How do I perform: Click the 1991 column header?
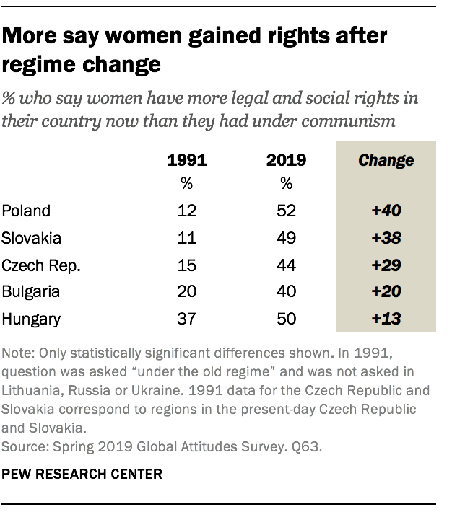(x=186, y=160)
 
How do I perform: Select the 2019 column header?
(x=287, y=160)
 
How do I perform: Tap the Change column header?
(x=386, y=160)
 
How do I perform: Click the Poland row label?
(x=26, y=211)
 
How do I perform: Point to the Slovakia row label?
(x=31, y=238)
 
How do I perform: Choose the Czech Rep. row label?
(x=41, y=265)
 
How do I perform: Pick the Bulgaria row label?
(x=31, y=293)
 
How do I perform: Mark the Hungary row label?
(x=30, y=319)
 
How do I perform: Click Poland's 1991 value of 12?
(x=186, y=211)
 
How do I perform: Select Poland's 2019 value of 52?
(x=287, y=211)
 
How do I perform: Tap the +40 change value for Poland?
(x=386, y=211)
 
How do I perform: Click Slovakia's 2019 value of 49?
(x=287, y=238)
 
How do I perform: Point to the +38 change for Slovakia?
(x=386, y=238)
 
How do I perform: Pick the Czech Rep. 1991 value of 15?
(x=186, y=265)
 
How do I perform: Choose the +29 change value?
(x=386, y=265)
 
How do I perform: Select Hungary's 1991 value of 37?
(x=186, y=319)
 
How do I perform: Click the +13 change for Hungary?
(x=386, y=319)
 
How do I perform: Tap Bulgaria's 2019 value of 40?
(x=287, y=293)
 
